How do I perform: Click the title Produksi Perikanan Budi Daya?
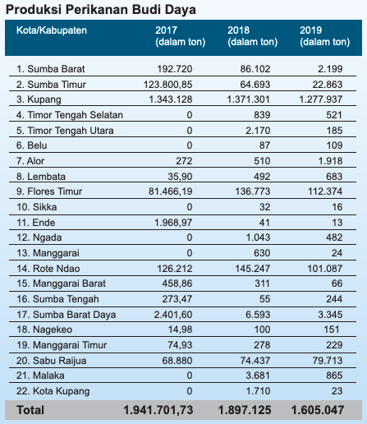[x=101, y=10]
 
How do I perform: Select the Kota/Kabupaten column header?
[x=52, y=30]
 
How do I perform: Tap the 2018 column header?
[x=252, y=36]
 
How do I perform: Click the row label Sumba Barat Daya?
[x=66, y=315]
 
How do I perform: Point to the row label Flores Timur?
[x=49, y=191]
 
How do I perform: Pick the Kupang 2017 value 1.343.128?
[x=171, y=99]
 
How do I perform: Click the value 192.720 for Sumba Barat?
[x=175, y=69]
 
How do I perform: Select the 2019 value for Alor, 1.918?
[x=330, y=161]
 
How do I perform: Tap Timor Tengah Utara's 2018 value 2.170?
[x=258, y=131]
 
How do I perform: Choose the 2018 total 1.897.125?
[x=245, y=410]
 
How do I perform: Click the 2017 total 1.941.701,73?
[x=158, y=410]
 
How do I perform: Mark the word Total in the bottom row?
[x=30, y=410]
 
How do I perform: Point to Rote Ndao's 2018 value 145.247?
[x=253, y=269]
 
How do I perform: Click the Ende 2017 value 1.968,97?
[x=173, y=223]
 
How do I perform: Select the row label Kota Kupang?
[x=53, y=391]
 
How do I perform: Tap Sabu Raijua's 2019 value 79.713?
[x=328, y=361]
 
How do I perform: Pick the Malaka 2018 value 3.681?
[x=258, y=376]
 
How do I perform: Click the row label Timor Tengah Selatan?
[x=70, y=115]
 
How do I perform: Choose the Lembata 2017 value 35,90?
[x=180, y=177]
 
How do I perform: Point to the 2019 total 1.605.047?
[x=318, y=410]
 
